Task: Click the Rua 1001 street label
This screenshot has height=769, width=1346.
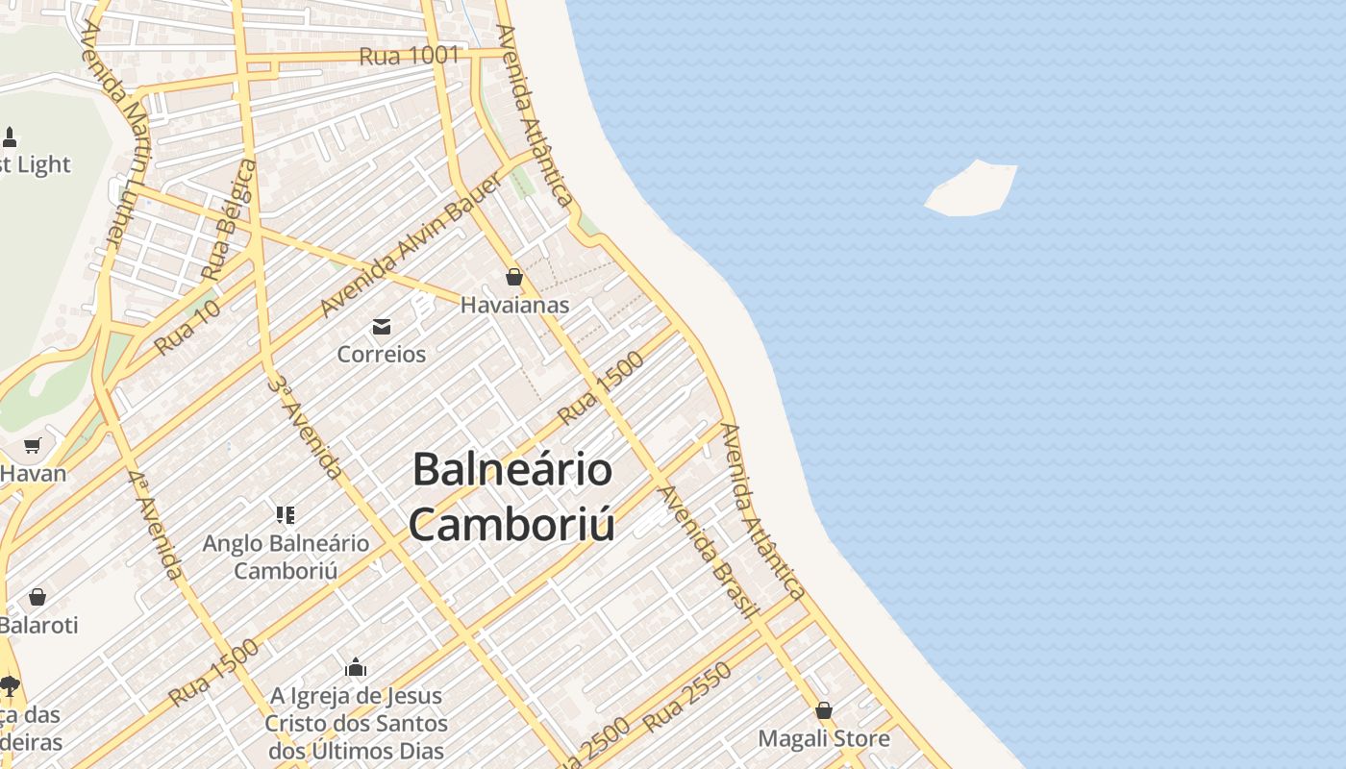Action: pyautogui.click(x=410, y=56)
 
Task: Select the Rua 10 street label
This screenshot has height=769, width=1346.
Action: pyautogui.click(x=187, y=327)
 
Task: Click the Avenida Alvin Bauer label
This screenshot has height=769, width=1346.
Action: pyautogui.click(x=411, y=248)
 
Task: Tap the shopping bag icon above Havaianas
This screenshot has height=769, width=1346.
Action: pyautogui.click(x=514, y=278)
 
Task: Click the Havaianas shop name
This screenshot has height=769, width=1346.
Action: pyautogui.click(x=514, y=306)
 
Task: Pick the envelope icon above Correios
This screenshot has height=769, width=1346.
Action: pyautogui.click(x=382, y=327)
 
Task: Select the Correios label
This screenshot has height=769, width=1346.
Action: pyautogui.click(x=382, y=354)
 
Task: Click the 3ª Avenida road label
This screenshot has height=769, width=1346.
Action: pyautogui.click(x=305, y=427)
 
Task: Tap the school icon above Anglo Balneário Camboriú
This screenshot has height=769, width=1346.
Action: pyautogui.click(x=286, y=515)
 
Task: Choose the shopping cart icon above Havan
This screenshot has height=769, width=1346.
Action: pyautogui.click(x=33, y=445)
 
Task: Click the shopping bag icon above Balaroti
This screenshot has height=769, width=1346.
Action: pyautogui.click(x=37, y=597)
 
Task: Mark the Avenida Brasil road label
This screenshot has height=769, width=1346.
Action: pyautogui.click(x=709, y=550)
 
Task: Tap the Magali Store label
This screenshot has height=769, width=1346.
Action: pyautogui.click(x=824, y=738)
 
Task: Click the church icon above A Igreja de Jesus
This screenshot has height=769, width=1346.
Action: pyautogui.click(x=356, y=667)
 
